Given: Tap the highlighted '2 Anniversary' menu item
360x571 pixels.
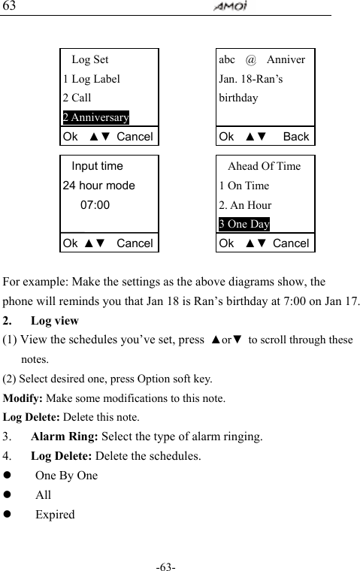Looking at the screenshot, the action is tap(95, 117).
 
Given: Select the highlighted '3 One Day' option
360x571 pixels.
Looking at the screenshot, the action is tap(244, 224).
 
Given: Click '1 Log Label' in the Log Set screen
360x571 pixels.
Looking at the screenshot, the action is tap(91, 78).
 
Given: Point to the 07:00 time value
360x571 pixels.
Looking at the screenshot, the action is tap(95, 204).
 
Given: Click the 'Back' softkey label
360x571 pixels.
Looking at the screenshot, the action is tap(296, 137).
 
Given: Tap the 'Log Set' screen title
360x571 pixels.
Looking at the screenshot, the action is tap(89, 59).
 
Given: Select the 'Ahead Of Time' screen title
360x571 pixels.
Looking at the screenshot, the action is tap(264, 166).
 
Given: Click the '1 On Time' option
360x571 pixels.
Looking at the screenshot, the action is tap(244, 186).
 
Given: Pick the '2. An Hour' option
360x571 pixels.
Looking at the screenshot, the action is tap(245, 205).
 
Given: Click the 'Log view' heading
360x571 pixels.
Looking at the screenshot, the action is tap(55, 321).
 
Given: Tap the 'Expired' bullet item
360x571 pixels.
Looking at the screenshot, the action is tap(55, 515).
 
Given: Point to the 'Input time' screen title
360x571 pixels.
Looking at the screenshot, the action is tap(98, 166).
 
